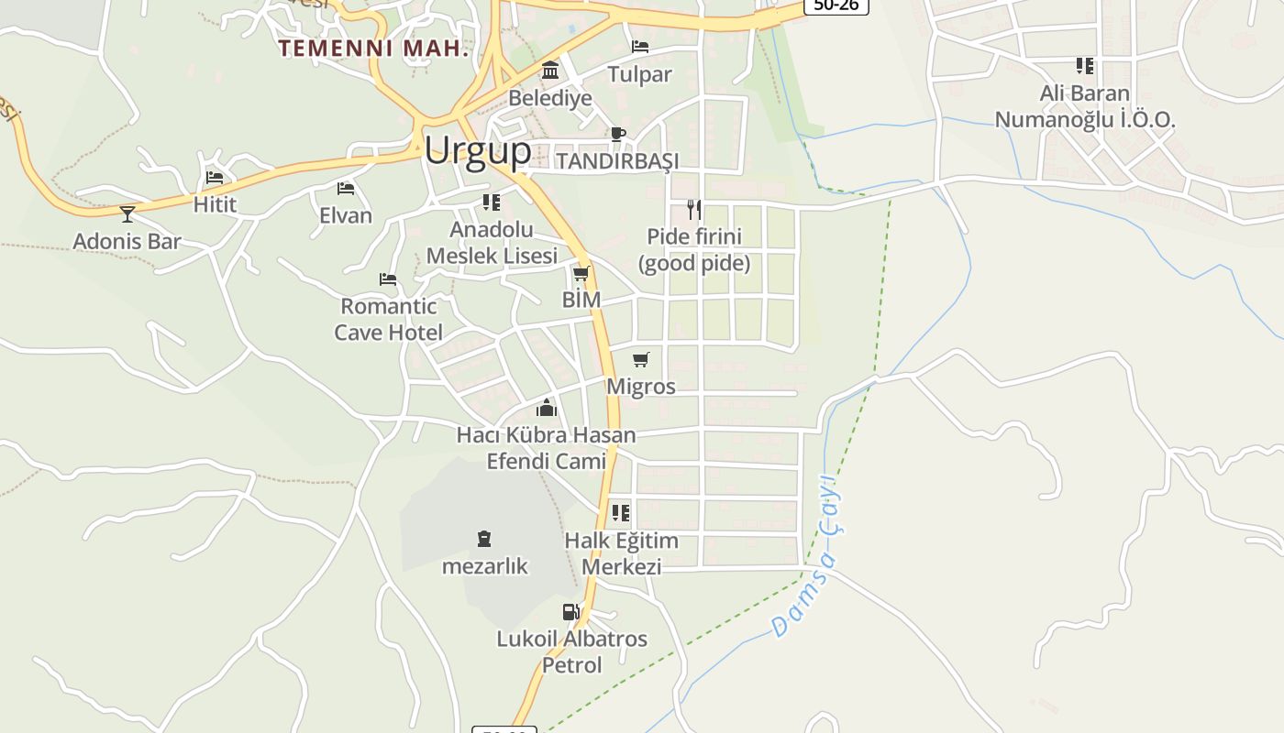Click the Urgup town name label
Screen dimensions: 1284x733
click(477, 149)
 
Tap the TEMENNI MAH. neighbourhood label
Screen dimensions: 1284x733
click(373, 49)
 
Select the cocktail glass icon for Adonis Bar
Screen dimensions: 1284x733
click(127, 214)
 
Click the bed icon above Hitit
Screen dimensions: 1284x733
click(215, 177)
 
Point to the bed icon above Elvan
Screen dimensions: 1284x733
click(346, 189)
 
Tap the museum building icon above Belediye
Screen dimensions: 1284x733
click(550, 70)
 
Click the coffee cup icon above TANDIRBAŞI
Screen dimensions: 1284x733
click(618, 134)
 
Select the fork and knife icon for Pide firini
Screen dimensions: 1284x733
click(694, 210)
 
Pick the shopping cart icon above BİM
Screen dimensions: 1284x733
click(581, 273)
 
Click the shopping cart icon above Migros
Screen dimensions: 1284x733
click(641, 359)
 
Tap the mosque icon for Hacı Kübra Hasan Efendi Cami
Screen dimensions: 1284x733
click(547, 407)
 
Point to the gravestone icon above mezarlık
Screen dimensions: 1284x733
click(484, 539)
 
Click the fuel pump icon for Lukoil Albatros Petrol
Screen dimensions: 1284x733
click(570, 611)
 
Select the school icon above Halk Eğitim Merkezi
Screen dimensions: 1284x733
click(621, 513)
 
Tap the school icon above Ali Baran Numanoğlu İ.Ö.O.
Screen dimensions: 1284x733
click(1085, 66)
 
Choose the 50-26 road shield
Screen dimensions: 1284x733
click(836, 5)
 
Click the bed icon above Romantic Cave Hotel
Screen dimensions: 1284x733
click(388, 279)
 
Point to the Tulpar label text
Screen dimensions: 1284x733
click(640, 74)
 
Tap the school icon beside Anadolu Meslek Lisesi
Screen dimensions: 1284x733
click(492, 202)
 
